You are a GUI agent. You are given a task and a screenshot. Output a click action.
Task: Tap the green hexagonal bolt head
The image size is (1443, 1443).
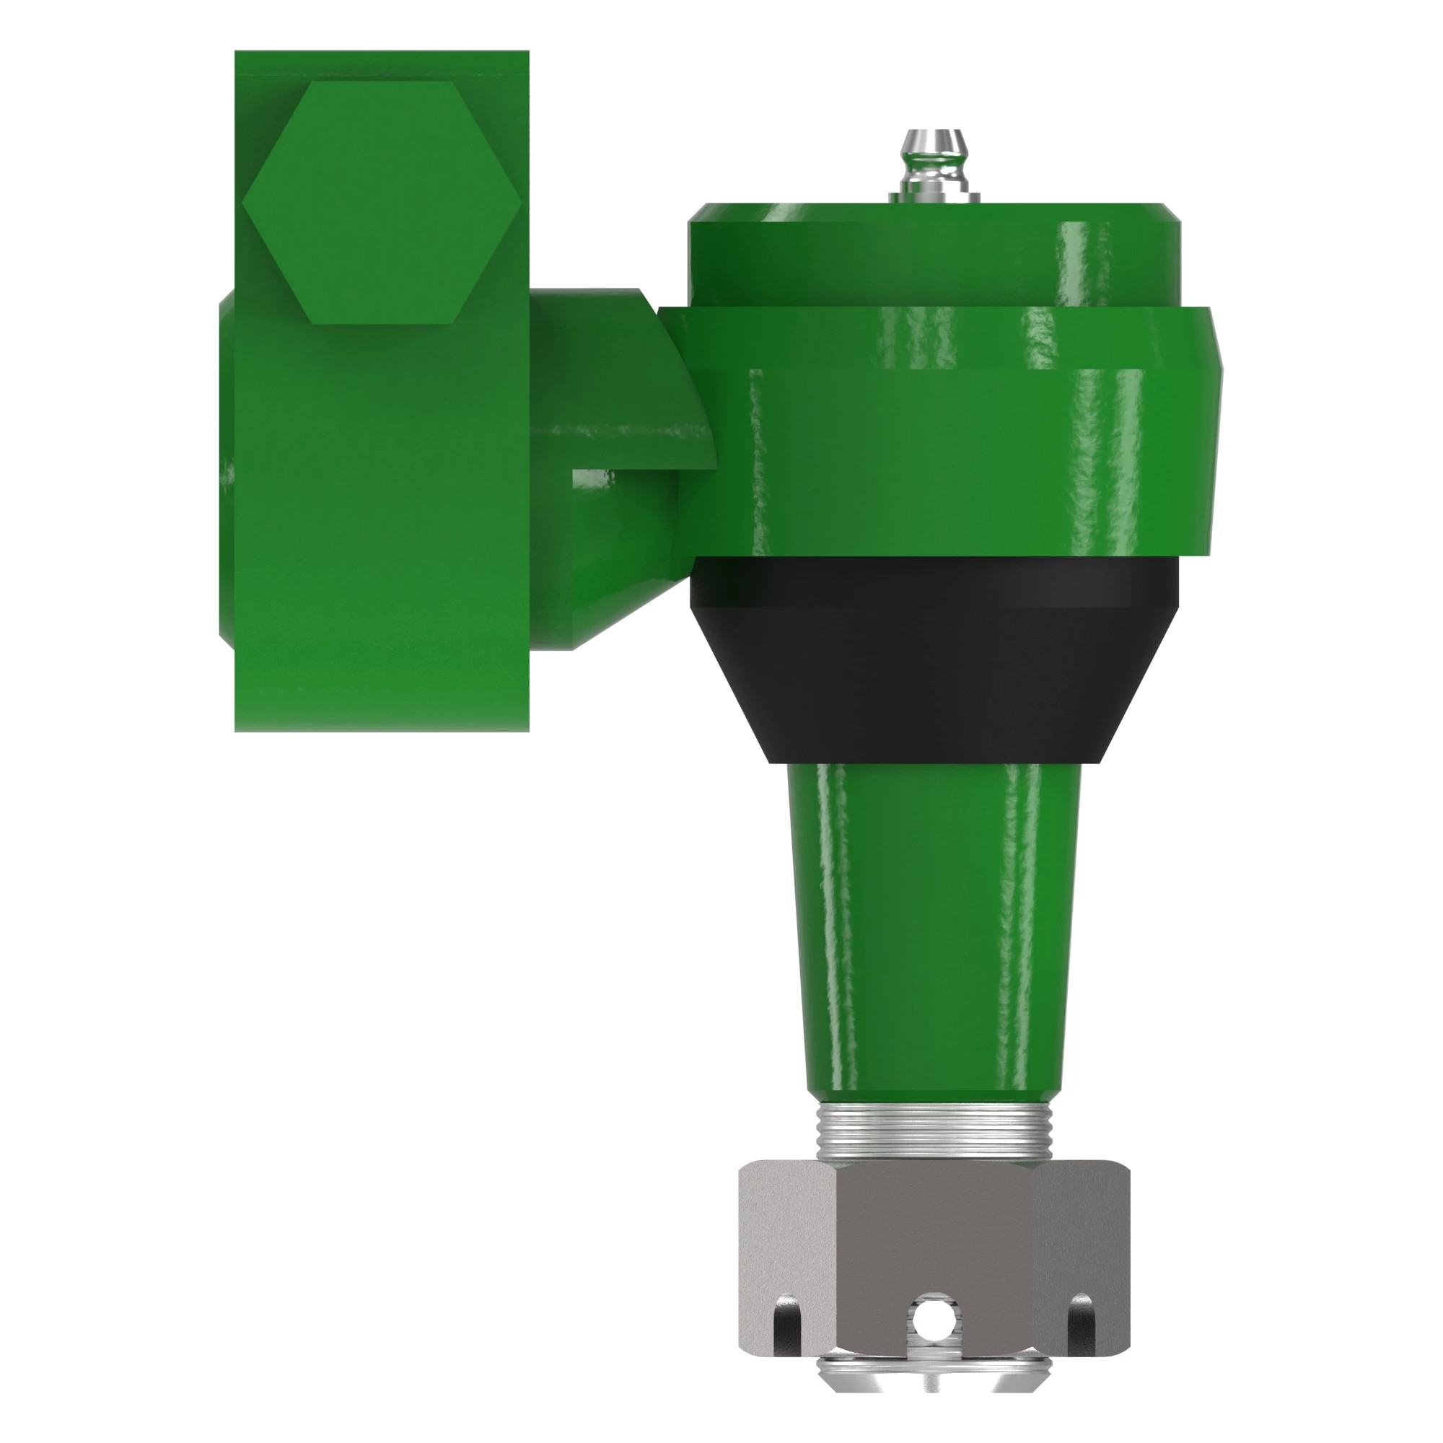click(x=382, y=203)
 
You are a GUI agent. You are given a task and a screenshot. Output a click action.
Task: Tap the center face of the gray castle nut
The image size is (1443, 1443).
click(x=934, y=1240)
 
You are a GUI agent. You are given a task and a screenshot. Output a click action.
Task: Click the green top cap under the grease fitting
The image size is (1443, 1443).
click(x=934, y=254)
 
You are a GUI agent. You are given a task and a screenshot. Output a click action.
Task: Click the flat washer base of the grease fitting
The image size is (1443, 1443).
click(x=934, y=197)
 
